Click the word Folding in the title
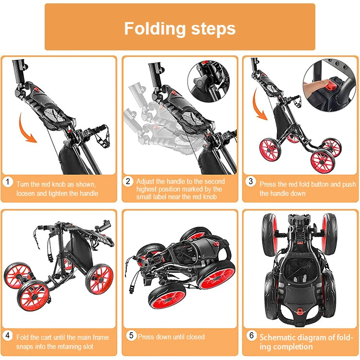[155, 29]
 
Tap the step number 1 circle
[8, 182]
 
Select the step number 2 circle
[128, 181]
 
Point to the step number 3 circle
[251, 181]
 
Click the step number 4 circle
[8, 336]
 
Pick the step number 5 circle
[132, 336]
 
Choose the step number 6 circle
[252, 336]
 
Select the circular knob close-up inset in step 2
[208, 81]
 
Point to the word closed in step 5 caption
[195, 337]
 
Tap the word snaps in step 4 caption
[24, 347]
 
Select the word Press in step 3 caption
[267, 184]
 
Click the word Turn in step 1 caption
[23, 184]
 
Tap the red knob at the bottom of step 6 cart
[299, 312]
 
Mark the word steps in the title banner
[213, 29]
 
